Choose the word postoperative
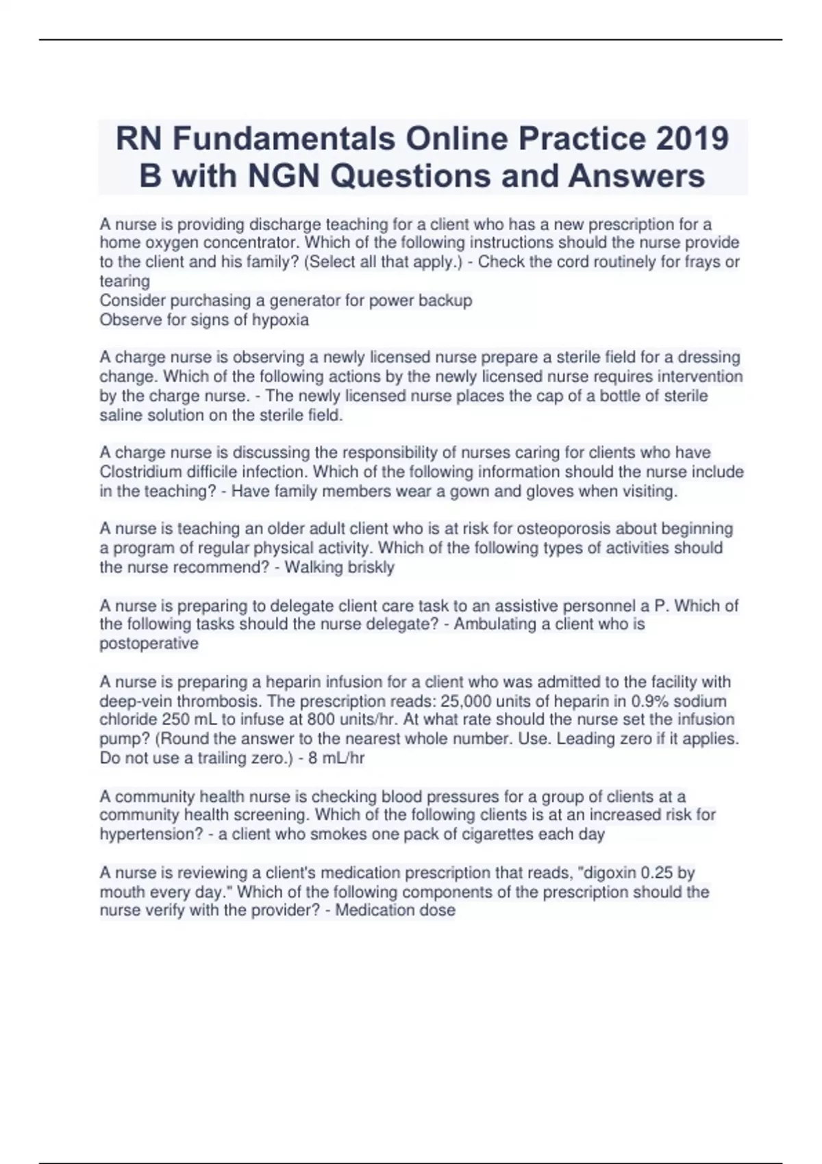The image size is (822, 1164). point(149,644)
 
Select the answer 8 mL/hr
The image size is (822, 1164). point(336,758)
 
